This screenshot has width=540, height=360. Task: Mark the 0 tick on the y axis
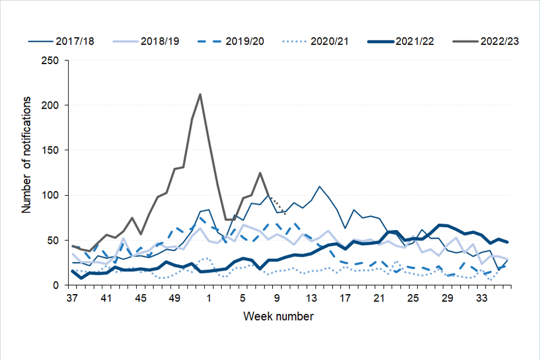(57, 285)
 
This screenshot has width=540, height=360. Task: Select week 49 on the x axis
(174, 297)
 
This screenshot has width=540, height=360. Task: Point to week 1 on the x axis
(209, 297)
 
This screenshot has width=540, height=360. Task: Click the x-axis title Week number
(278, 316)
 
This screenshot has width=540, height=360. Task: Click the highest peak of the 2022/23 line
(200, 94)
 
